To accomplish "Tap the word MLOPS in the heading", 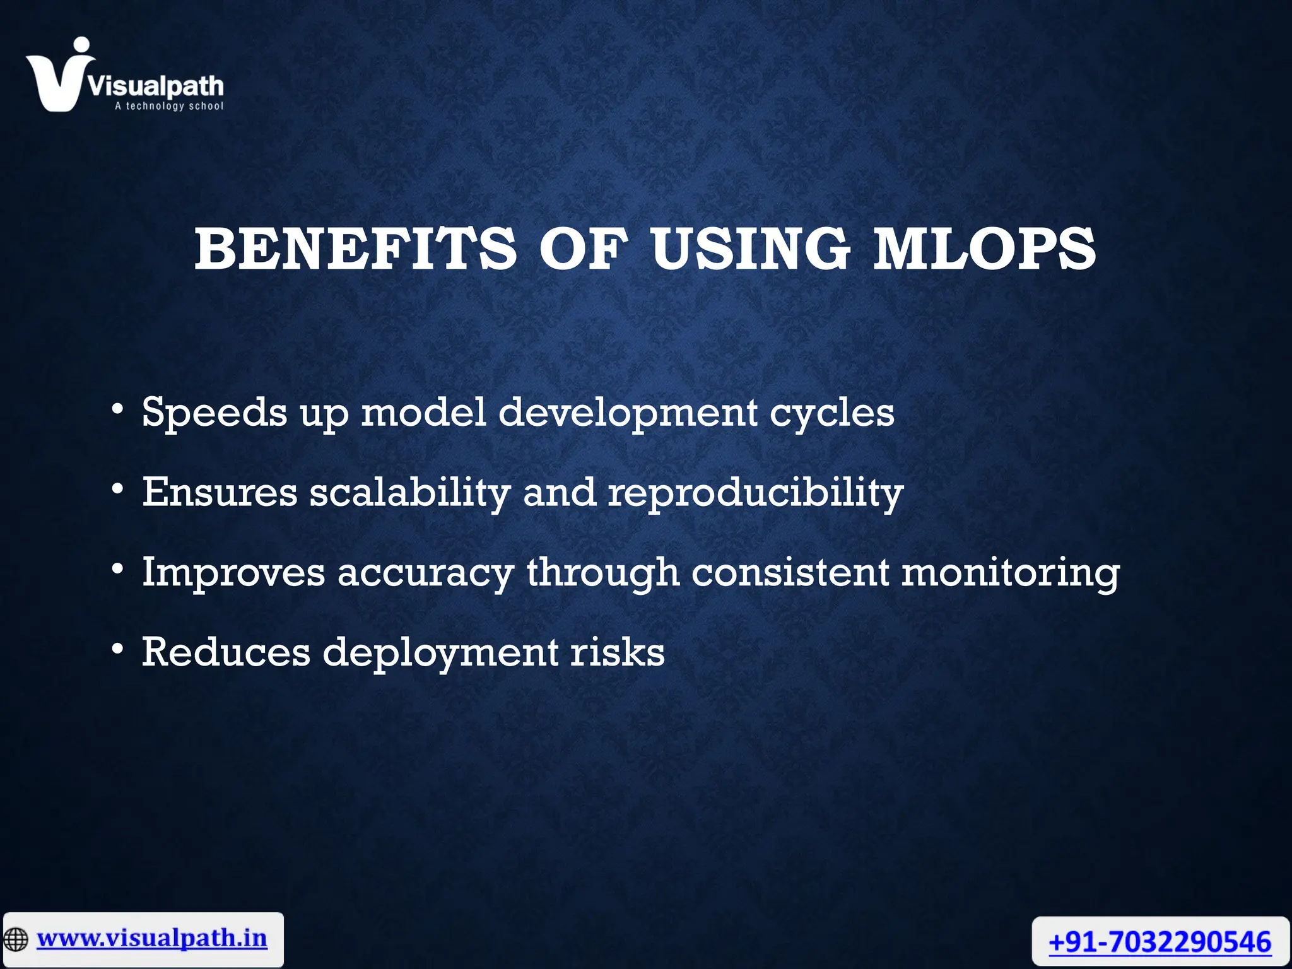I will (x=984, y=250).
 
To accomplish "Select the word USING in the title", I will (x=750, y=250).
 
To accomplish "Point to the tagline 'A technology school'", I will (x=168, y=106).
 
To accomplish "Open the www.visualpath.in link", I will (x=152, y=938).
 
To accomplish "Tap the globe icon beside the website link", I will (x=16, y=939).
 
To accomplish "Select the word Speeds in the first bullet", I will (x=214, y=413).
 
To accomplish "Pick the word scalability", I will (x=410, y=493).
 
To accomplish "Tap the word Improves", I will (x=233, y=573).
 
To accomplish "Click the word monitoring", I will (x=1010, y=573).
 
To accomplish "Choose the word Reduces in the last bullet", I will (x=226, y=652).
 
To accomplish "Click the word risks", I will (x=618, y=652).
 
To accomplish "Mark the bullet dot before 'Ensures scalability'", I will (x=117, y=489).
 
